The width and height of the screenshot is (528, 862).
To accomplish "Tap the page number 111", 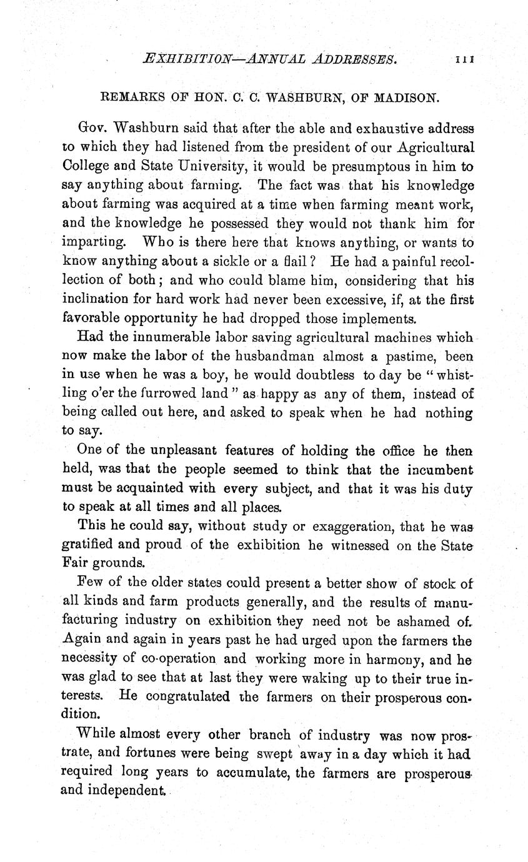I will (466, 60).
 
